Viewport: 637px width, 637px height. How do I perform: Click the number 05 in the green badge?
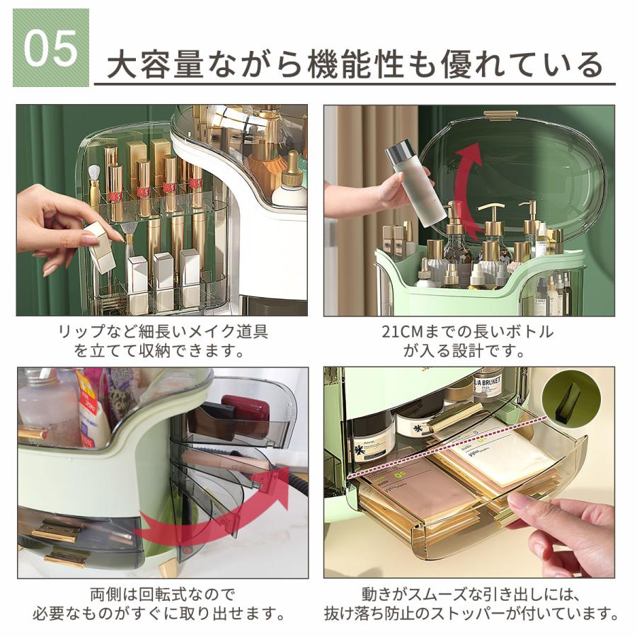point(51,48)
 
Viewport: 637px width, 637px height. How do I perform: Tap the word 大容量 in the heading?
point(155,64)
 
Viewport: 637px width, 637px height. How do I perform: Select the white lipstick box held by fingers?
point(98,245)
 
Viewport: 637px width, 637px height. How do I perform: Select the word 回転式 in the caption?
point(163,595)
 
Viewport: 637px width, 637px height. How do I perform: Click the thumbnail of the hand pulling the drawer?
point(469,473)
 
